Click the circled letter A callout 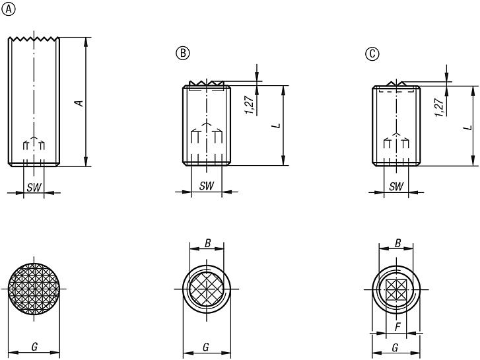[9, 9]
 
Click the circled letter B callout [183, 54]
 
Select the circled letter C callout [372, 54]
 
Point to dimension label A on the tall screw [80, 103]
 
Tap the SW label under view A [34, 187]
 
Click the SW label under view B [207, 186]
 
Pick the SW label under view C [396, 186]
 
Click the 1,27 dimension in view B [250, 105]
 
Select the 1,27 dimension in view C [439, 107]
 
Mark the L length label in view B [277, 125]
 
